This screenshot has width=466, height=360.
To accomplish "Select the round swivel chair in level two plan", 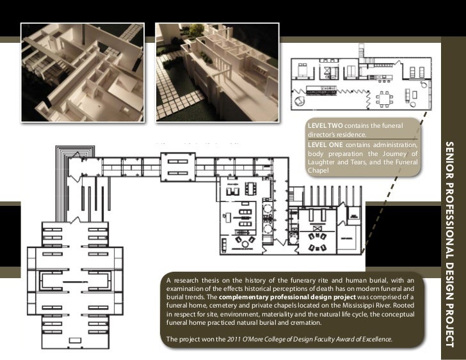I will [x=299, y=101].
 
